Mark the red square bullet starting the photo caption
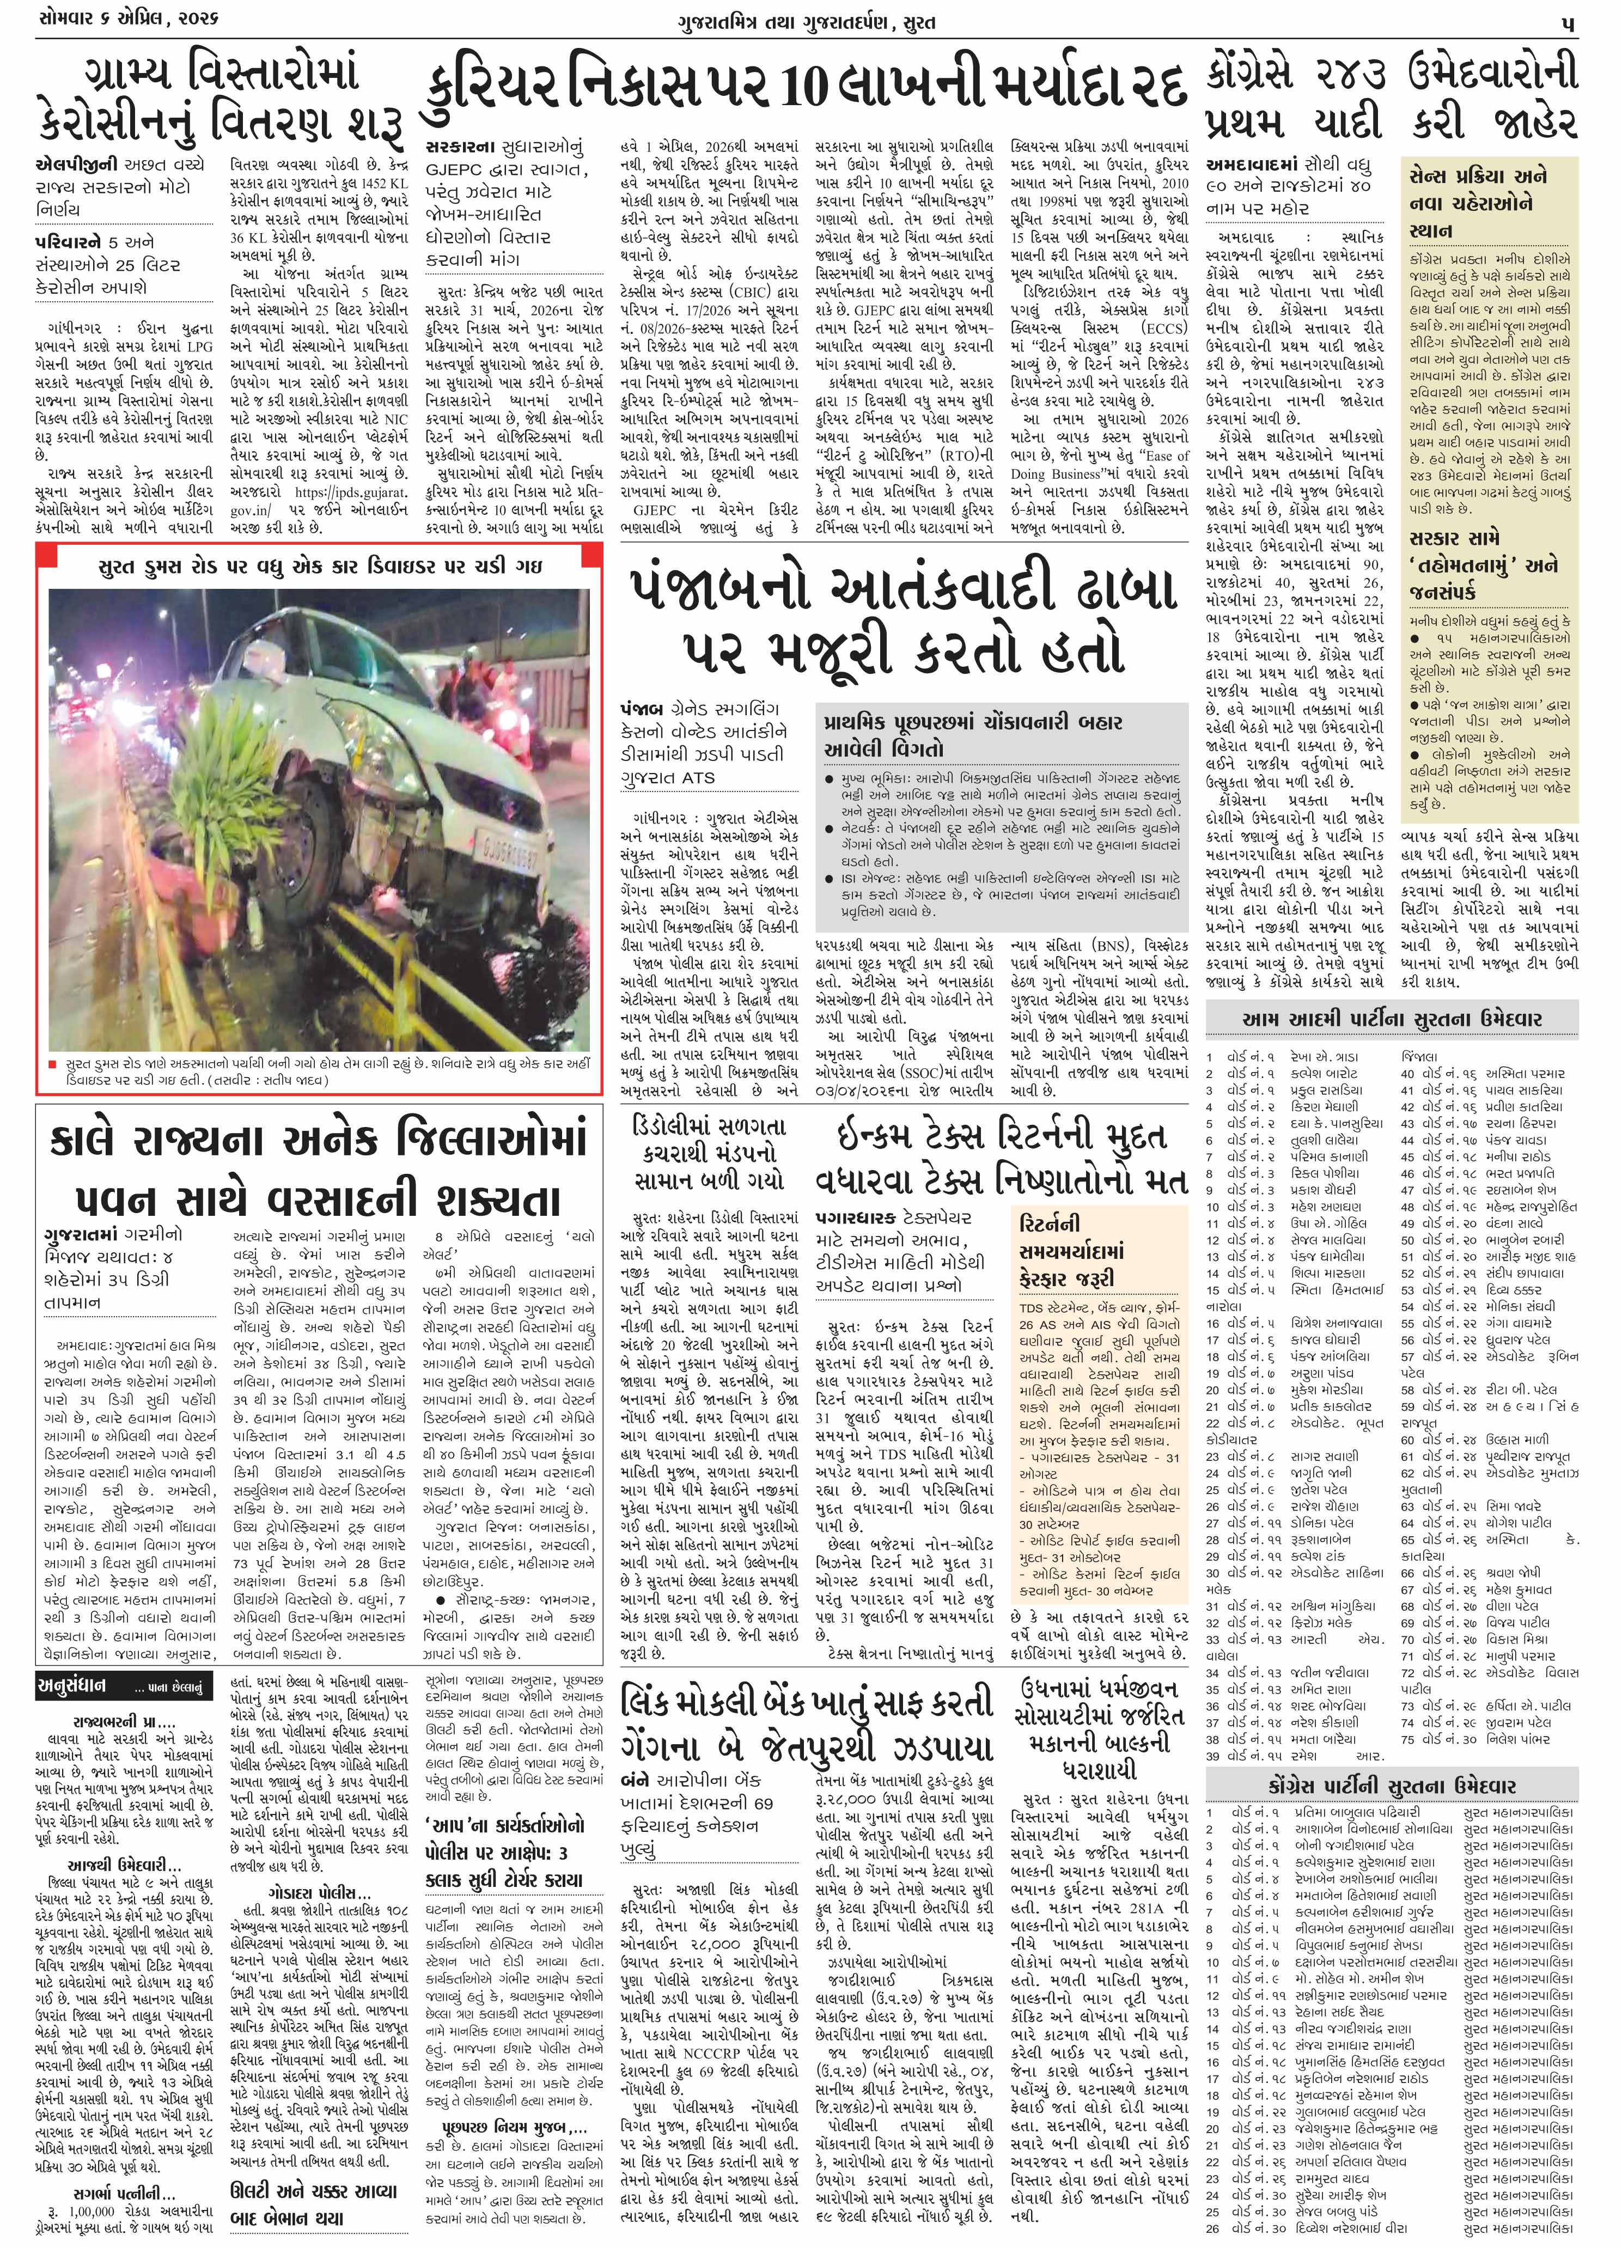click(x=52, y=1064)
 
